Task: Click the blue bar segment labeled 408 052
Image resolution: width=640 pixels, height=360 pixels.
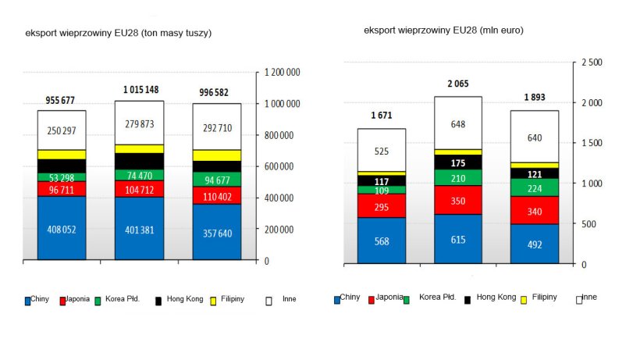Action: pyautogui.click(x=62, y=228)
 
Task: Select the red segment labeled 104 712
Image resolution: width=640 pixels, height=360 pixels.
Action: pyautogui.click(x=139, y=189)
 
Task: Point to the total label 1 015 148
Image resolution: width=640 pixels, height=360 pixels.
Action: pyautogui.click(x=139, y=89)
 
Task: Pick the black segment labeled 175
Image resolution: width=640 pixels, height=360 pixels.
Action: pyautogui.click(x=457, y=162)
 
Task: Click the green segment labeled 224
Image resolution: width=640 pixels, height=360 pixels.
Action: pyautogui.click(x=534, y=187)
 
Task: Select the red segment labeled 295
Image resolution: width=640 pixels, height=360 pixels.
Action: pyautogui.click(x=381, y=206)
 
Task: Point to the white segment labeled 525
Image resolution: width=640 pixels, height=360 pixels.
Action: pyautogui.click(x=381, y=151)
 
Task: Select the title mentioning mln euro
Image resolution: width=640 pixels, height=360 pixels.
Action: pyautogui.click(x=443, y=30)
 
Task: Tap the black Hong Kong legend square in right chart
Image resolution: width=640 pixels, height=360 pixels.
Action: pyautogui.click(x=468, y=299)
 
